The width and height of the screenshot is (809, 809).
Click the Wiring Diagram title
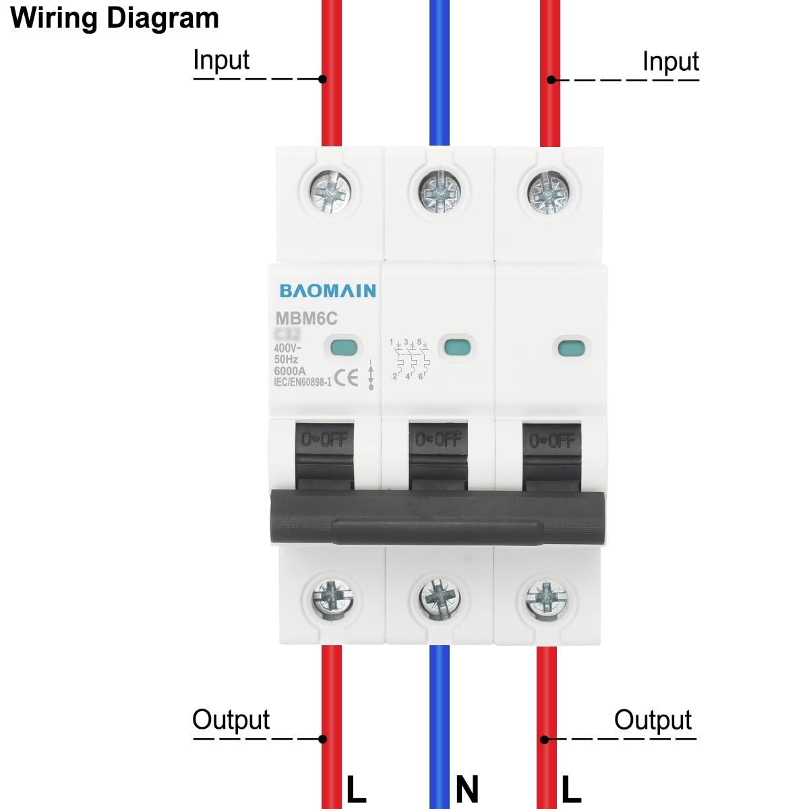115,18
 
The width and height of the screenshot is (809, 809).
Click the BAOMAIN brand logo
328,291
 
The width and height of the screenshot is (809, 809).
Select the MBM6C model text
306,318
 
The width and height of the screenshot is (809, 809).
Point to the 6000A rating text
289,371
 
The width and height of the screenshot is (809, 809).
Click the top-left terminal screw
330,191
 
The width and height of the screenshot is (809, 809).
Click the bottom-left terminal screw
332,598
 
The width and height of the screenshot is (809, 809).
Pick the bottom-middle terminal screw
440,598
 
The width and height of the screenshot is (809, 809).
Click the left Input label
221,60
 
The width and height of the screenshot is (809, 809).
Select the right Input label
670,61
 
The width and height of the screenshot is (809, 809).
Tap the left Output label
231,719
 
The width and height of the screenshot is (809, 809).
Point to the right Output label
653,720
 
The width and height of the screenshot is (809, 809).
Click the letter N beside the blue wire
467,789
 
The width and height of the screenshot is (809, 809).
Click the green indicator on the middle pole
457,348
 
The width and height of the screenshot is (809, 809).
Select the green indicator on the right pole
570,349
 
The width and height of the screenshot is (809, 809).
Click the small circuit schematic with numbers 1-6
409,359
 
